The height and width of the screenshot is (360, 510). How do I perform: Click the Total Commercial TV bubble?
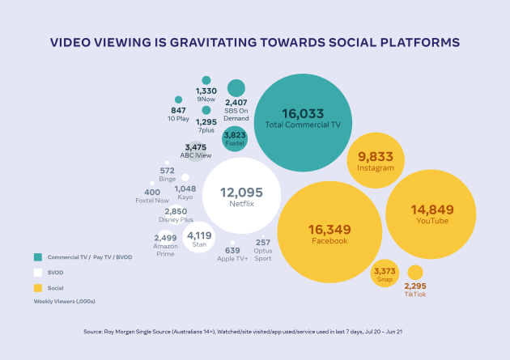pyautogui.click(x=303, y=122)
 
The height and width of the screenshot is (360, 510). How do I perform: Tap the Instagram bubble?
pyautogui.click(x=376, y=160)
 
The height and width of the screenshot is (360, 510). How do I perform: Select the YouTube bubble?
pyautogui.click(x=431, y=214)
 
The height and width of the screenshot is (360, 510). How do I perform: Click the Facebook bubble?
pyautogui.click(x=329, y=232)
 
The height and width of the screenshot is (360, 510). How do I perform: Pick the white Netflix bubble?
pyautogui.click(x=242, y=196)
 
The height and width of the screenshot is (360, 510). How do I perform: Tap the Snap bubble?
pyautogui.click(x=385, y=273)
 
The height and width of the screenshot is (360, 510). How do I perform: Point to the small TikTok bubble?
pyautogui.click(x=415, y=273)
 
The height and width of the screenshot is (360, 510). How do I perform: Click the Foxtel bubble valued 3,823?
pyautogui.click(x=235, y=138)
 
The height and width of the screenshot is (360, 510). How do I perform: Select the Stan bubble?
pyautogui.click(x=199, y=237)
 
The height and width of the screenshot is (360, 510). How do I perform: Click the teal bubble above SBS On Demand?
pyautogui.click(x=236, y=88)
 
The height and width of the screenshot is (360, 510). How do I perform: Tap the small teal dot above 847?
pyautogui.click(x=178, y=100)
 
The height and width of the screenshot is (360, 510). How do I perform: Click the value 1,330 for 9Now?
pyautogui.click(x=206, y=91)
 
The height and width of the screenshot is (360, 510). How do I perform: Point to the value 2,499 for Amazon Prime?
pyautogui.click(x=166, y=238)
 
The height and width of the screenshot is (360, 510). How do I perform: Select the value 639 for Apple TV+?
pyautogui.click(x=232, y=251)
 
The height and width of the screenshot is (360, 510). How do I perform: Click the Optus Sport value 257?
pyautogui.click(x=263, y=243)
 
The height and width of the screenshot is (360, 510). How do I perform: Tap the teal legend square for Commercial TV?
pyautogui.click(x=38, y=257)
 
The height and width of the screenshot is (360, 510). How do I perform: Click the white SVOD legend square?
pyautogui.click(x=38, y=273)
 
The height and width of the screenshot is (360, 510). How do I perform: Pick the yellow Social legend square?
pyautogui.click(x=38, y=288)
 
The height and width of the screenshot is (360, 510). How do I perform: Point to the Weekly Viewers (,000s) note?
pyautogui.click(x=65, y=302)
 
